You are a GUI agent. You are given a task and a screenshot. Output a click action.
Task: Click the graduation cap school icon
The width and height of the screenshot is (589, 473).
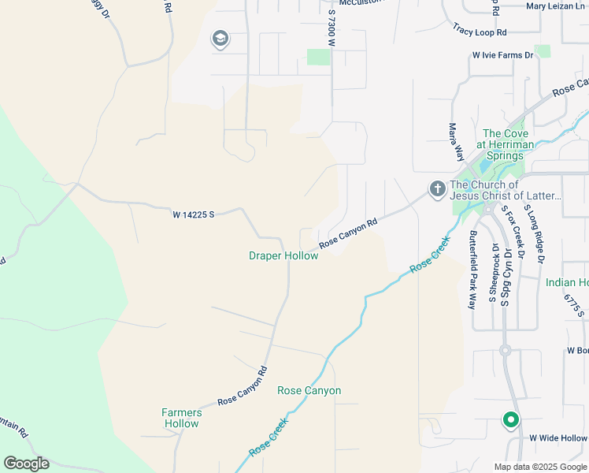pos(220,39)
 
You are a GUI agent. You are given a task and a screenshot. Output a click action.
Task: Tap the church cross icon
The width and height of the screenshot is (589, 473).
pos(437,189)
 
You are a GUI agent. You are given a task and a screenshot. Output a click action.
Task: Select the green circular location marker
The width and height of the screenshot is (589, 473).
pos(510,421)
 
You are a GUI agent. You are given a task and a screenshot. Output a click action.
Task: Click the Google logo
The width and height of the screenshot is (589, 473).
pos(26,464)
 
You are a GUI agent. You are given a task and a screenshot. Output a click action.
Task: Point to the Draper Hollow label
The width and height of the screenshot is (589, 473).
pos(283,255)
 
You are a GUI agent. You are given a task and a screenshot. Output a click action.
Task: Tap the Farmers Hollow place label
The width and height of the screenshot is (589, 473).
pos(181,418)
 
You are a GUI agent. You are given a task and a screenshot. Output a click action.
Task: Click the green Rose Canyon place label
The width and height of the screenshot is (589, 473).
pos(309,390)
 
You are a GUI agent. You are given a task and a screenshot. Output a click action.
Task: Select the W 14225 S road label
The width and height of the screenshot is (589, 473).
pos(194,214)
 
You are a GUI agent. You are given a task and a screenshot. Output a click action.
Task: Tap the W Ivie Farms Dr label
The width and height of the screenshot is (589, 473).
pos(503,55)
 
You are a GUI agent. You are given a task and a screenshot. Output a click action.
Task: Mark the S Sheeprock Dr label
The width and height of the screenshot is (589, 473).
pos(495,275)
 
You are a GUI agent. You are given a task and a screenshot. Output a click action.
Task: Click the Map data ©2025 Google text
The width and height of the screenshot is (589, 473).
pos(541,466)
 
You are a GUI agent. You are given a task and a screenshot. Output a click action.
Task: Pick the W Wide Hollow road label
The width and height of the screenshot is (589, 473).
pos(558,438)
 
